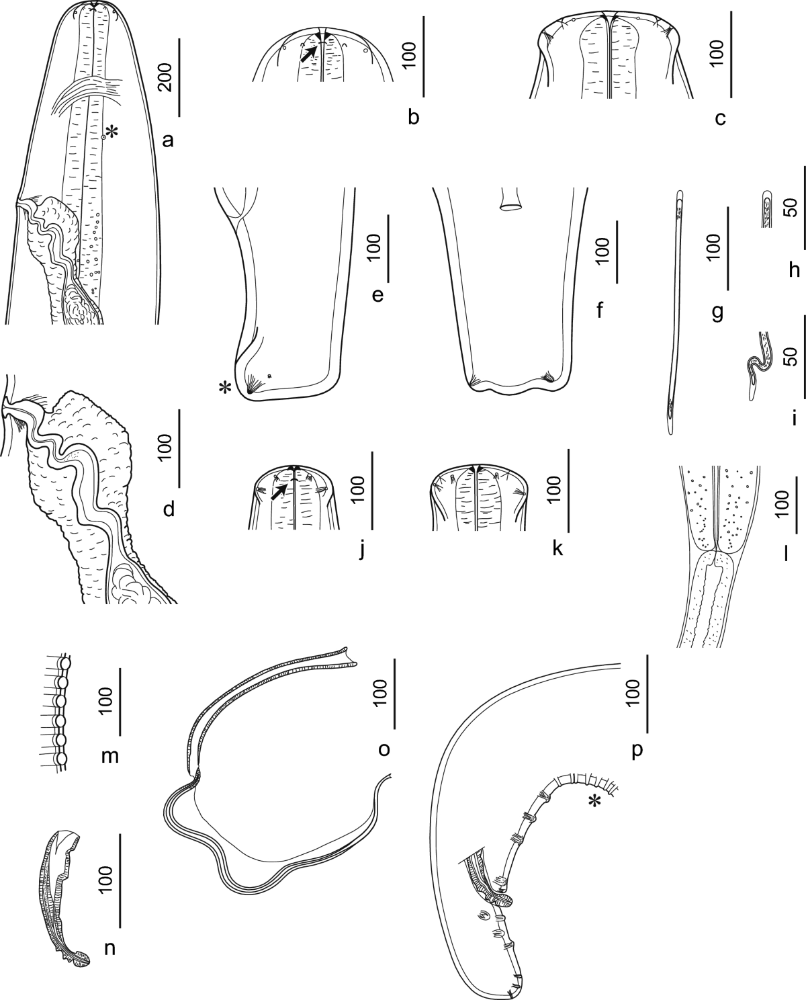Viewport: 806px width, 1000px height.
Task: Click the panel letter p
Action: point(637,751)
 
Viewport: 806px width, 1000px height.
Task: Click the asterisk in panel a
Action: point(111,133)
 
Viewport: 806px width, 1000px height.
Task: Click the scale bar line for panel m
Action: point(120,702)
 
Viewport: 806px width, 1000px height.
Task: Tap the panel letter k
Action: point(557,549)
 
